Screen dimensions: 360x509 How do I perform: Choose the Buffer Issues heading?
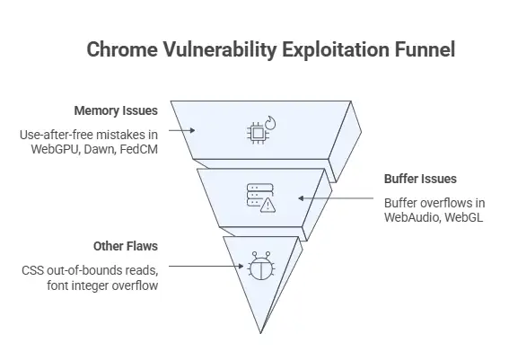pos(419,180)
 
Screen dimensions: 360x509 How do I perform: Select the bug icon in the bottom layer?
pos(259,265)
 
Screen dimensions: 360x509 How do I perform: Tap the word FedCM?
pos(139,149)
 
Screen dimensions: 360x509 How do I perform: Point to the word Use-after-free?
pos(55,135)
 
